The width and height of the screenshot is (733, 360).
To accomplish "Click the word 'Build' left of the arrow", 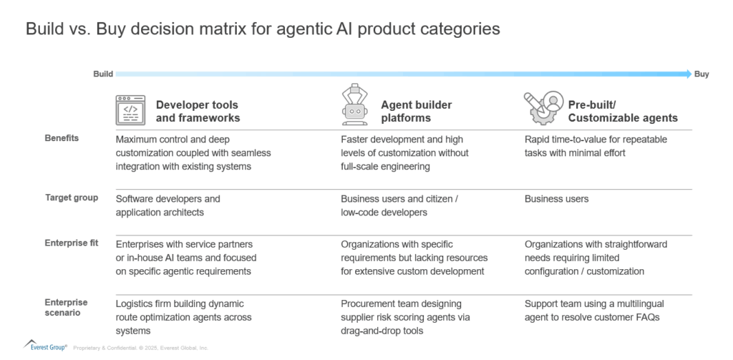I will point(103,74).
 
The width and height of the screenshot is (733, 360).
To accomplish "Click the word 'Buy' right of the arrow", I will point(702,74).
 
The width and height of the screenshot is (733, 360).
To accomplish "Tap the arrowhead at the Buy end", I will point(688,74).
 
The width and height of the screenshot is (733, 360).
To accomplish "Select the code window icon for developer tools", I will point(130,110).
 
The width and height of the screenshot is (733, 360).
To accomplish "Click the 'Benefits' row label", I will point(62,138).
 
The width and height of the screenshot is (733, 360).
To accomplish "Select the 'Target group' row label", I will point(71,198).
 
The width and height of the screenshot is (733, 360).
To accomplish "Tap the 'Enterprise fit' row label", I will point(71,244).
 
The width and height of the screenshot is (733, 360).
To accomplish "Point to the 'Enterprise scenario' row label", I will point(66,308).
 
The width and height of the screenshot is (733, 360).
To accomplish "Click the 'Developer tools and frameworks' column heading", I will point(198,111).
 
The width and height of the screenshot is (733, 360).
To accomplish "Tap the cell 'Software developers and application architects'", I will point(168,205).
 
